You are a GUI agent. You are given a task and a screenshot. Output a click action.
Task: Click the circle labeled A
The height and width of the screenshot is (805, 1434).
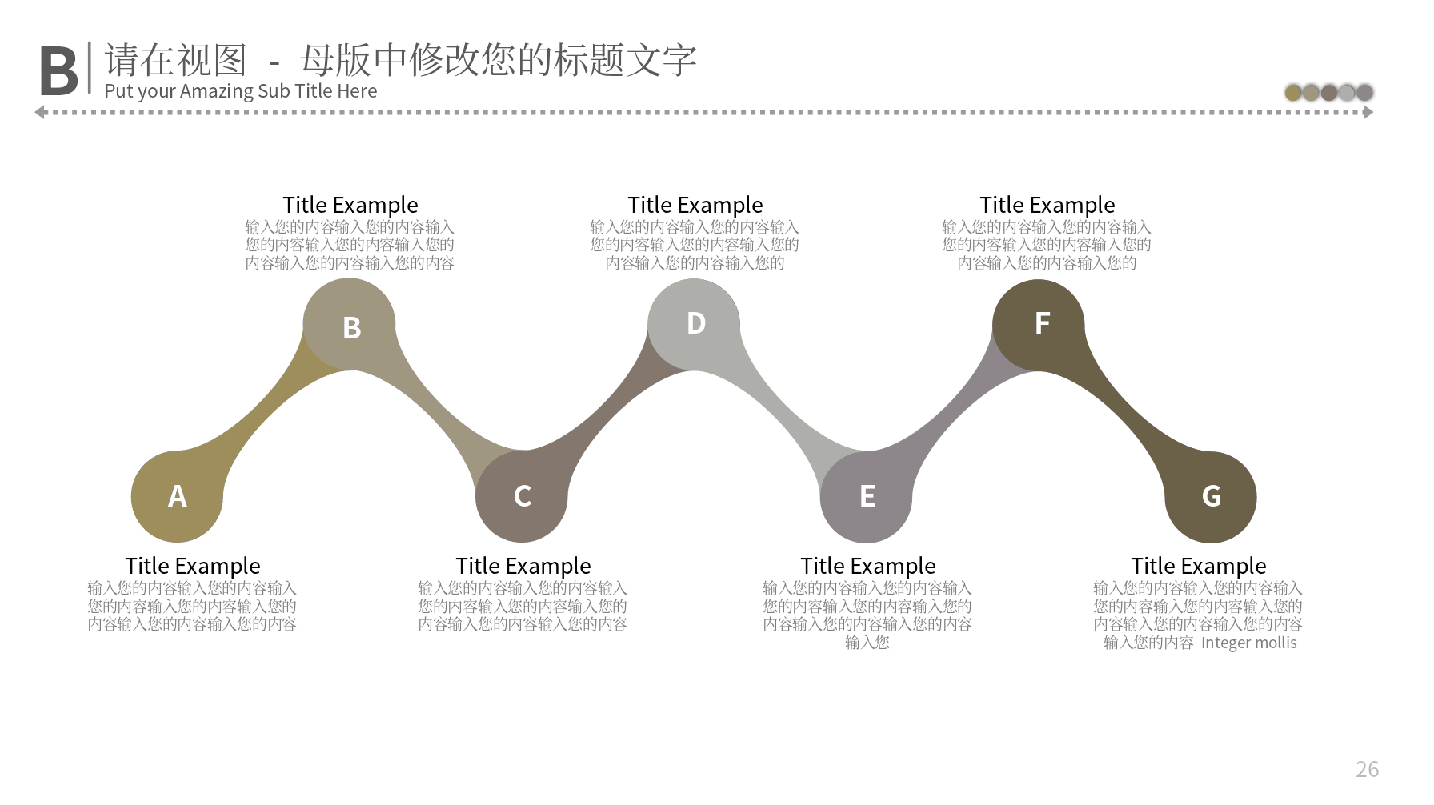(177, 496)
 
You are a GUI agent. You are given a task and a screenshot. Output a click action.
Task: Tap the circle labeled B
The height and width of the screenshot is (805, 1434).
(350, 325)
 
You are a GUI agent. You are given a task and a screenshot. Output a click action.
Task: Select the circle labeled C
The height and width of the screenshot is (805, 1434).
(522, 496)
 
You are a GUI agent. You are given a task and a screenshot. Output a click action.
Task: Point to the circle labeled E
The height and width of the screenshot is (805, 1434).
(867, 496)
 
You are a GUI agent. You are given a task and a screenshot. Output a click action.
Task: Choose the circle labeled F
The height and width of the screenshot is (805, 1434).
(1039, 325)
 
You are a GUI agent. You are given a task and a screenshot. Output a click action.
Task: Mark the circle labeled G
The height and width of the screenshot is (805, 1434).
(1211, 496)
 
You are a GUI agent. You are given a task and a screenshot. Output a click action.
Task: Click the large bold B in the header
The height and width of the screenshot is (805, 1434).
(58, 71)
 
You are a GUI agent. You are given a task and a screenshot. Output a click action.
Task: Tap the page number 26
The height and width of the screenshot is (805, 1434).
(1367, 769)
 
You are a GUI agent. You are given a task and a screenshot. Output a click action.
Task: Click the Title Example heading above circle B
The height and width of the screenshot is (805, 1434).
(350, 205)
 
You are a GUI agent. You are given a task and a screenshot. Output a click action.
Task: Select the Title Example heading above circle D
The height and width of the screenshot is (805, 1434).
(695, 205)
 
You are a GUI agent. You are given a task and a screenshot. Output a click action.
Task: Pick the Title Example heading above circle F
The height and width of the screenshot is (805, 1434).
(1047, 205)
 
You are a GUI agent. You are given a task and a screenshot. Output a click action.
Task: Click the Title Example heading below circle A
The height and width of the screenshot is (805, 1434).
(193, 566)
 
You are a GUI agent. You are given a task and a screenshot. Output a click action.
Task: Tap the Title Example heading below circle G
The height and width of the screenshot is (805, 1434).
(1199, 566)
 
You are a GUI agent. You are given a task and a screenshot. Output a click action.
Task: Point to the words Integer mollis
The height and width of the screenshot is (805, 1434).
(1249, 643)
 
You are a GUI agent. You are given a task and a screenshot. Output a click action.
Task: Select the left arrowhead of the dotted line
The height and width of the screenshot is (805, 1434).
(40, 113)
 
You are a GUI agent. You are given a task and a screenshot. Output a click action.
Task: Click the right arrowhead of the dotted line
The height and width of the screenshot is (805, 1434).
(1368, 113)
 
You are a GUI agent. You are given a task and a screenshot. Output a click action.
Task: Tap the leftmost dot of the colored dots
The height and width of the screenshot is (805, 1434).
(1293, 93)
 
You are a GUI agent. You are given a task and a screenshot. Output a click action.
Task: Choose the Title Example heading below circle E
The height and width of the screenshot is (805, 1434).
(868, 566)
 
